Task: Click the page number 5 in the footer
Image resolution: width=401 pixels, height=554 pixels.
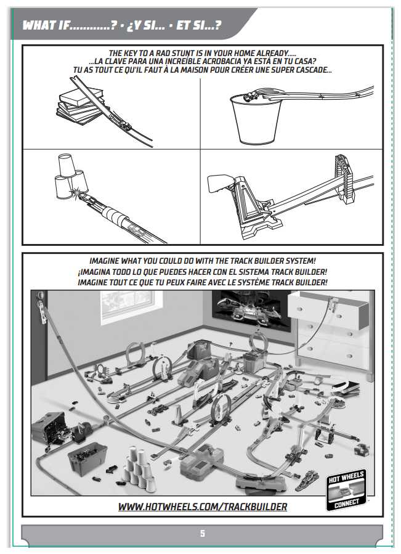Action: tap(203, 533)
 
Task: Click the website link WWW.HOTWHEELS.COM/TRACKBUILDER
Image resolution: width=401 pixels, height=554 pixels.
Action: tap(203, 507)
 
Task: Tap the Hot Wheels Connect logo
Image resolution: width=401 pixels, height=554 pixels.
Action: tap(346, 490)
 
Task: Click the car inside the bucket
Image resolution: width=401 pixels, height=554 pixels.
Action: tap(251, 96)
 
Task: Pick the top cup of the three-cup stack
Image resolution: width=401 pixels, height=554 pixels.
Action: tap(67, 165)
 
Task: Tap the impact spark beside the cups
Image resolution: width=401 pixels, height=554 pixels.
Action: tap(77, 192)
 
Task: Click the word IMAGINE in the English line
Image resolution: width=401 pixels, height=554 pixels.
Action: tap(104, 261)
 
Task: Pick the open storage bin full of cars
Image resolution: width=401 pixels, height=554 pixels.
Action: tap(87, 458)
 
